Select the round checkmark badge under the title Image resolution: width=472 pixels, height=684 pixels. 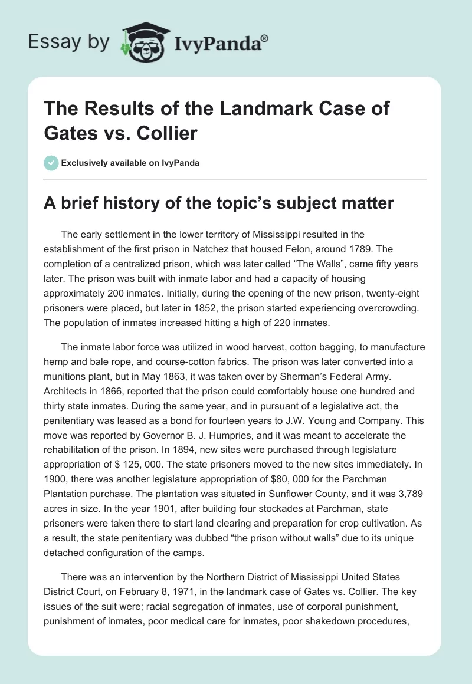point(52,163)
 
